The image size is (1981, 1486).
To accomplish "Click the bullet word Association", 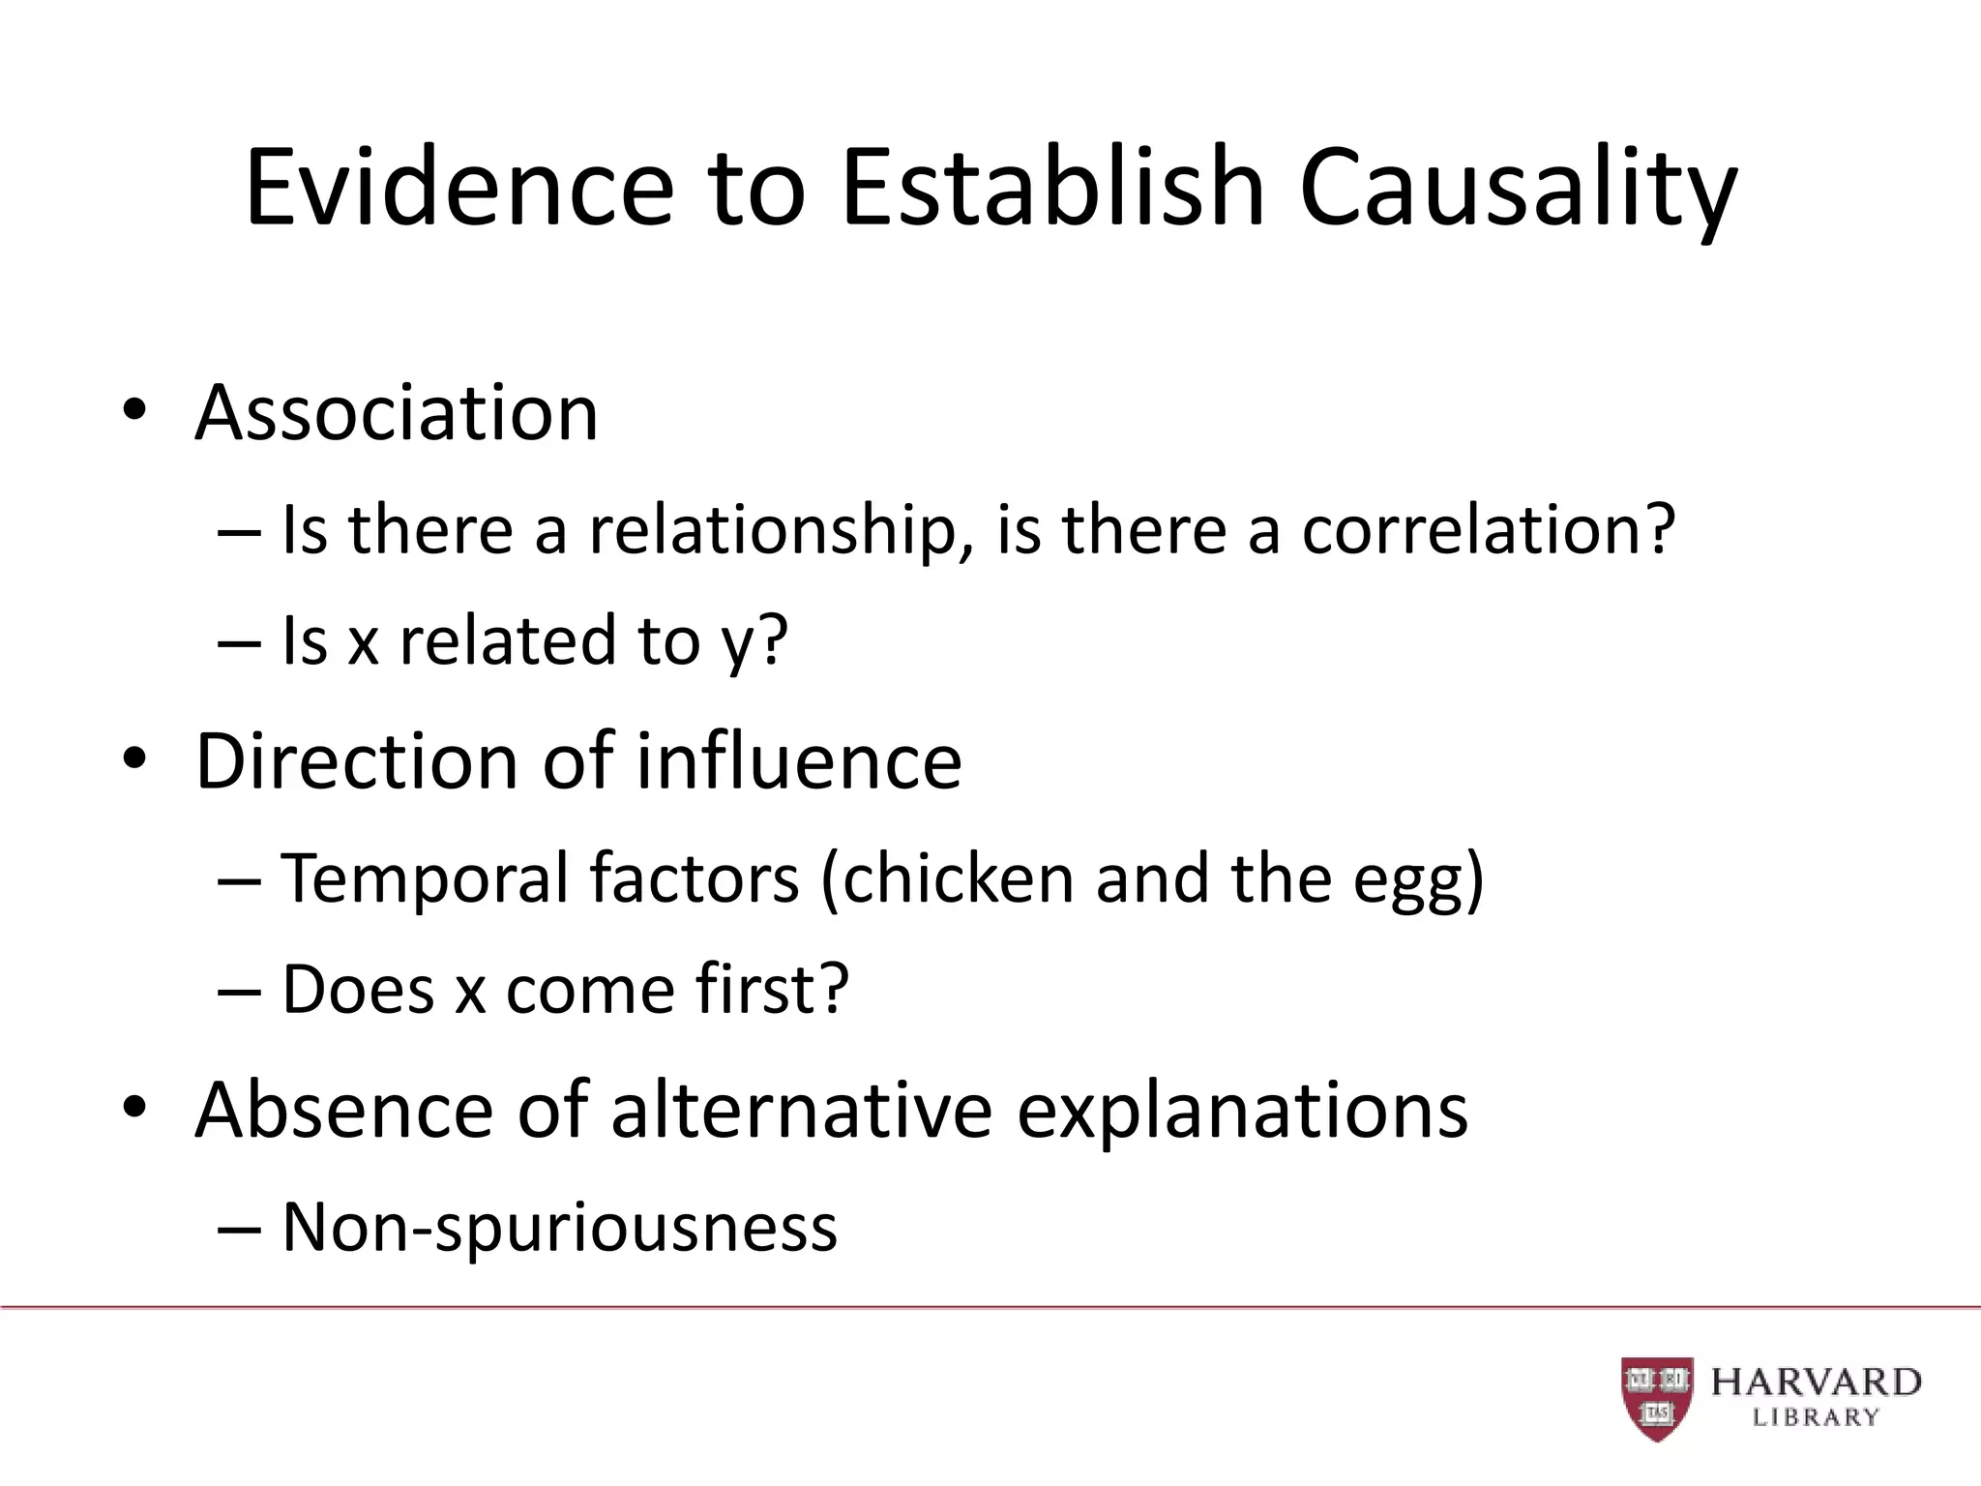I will pos(397,413).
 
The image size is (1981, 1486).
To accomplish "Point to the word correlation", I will pos(1488,531).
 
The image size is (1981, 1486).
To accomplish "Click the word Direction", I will pos(357,761).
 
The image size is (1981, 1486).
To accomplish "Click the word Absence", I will pos(344,1110).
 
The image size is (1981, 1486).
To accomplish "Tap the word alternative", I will pos(802,1110).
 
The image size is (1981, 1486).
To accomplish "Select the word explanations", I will pos(1243,1112).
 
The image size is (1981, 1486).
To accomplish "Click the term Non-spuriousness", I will pos(559,1228).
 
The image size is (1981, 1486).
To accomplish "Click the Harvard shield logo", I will pos(1657,1397).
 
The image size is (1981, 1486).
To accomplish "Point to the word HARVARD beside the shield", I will pos(1816,1382).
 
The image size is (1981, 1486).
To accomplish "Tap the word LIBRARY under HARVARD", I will pos(1816,1418).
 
